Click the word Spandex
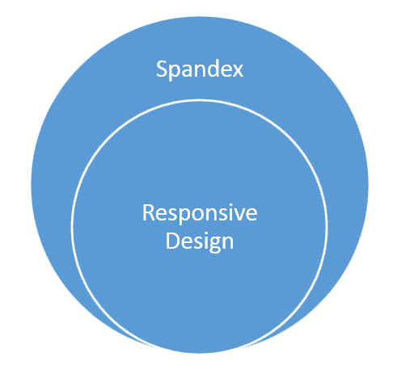coord(200,70)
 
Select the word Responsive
coord(200,215)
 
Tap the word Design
coord(200,241)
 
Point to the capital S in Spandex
coord(162,70)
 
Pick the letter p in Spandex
coord(175,72)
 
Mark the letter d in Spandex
coord(213,69)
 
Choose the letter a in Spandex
coord(188,72)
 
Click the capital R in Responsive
coord(148,214)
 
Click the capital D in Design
coord(171,240)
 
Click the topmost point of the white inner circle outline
coord(200,100)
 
